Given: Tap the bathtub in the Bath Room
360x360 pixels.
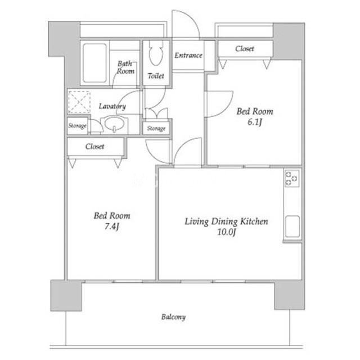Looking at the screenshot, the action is (x=94, y=63).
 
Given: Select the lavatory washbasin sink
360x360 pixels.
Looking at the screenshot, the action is (x=114, y=124).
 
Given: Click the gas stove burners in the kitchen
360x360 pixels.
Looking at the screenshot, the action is (x=292, y=178).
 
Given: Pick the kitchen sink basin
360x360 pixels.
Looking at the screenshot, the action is (x=292, y=226).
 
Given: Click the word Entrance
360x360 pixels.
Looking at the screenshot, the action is (x=188, y=55).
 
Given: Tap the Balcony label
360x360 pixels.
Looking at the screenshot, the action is (x=173, y=317).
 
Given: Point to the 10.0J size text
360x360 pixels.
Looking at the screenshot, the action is (x=227, y=232).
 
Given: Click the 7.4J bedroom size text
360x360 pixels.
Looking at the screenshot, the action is (x=112, y=226).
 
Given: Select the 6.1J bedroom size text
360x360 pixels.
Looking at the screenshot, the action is (x=255, y=122).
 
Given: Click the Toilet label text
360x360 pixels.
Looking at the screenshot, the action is (x=156, y=76).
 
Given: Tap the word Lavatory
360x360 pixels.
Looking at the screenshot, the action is (x=112, y=106).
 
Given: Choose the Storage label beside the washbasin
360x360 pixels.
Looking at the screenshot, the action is (x=77, y=126).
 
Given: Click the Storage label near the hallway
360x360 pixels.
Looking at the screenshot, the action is (x=156, y=128).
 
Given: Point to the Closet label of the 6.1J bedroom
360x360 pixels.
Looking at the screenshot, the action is (x=245, y=49).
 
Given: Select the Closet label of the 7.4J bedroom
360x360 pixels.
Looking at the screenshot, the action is (x=94, y=146).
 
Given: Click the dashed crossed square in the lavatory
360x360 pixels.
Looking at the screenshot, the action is (x=79, y=102).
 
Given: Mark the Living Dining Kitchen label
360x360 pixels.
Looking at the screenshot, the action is (x=226, y=222).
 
